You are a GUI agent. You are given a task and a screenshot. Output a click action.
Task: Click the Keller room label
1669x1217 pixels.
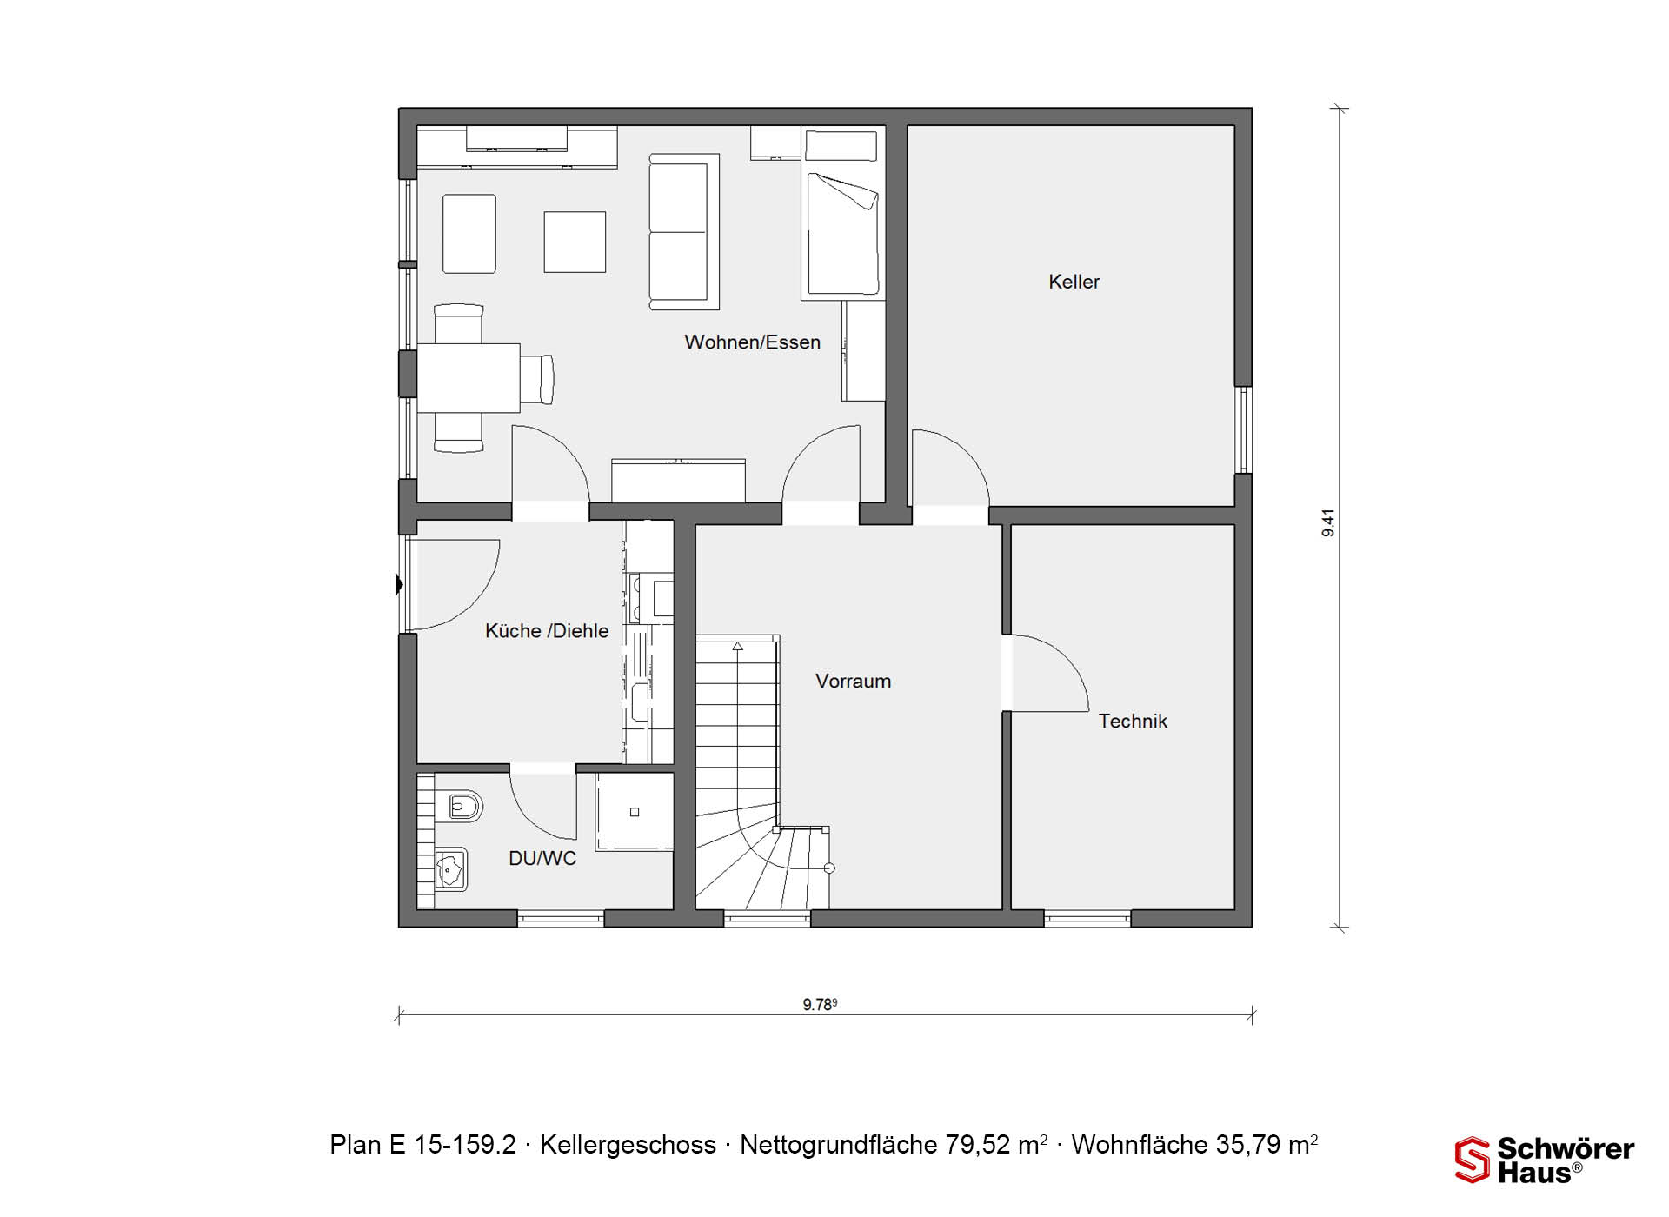(x=1074, y=282)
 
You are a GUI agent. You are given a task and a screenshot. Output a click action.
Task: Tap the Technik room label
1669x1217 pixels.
(x=1133, y=721)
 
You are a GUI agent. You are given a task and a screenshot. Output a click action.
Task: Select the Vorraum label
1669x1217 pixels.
(x=853, y=681)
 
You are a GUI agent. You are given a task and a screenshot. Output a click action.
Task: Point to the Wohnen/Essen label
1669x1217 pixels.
(x=752, y=342)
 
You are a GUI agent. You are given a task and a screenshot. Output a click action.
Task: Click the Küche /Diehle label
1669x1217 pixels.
(x=547, y=630)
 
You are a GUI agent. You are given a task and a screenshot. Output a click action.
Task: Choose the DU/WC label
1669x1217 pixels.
(x=542, y=858)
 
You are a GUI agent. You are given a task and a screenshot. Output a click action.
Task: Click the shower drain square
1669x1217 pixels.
(x=635, y=812)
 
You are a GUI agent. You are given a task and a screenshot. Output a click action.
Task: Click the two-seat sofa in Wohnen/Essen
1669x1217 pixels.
(x=684, y=231)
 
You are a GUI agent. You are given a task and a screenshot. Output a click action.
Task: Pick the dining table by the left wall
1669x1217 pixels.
(x=469, y=378)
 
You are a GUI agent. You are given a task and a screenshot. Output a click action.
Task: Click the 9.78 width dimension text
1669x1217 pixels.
(x=820, y=1004)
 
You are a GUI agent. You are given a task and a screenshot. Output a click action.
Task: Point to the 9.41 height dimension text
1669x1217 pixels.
(x=1328, y=522)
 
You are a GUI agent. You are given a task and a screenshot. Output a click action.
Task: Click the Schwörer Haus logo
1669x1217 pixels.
(x=1545, y=1160)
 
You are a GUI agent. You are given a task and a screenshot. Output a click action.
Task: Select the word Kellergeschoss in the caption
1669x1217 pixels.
(x=628, y=1145)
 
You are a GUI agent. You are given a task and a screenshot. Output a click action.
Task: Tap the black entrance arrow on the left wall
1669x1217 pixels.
(x=399, y=584)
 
